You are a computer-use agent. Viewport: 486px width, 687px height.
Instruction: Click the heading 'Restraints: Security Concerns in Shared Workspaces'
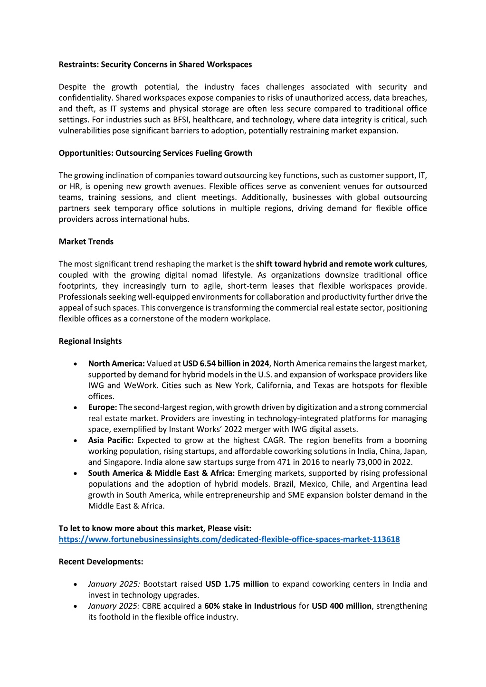point(155,65)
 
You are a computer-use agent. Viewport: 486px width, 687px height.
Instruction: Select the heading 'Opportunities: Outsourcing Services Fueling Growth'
point(155,153)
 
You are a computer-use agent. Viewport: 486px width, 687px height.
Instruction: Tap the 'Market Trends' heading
point(86,241)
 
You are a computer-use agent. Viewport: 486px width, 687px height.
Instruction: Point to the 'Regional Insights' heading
point(90,341)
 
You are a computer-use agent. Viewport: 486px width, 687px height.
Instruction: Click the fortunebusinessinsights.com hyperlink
point(229,539)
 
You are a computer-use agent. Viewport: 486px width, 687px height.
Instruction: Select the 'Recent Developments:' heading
point(101,562)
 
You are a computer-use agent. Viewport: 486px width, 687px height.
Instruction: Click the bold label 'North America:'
point(116,364)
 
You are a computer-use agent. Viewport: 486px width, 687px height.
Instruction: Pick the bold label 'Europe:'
point(103,407)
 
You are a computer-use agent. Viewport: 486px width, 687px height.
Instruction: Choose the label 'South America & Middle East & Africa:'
point(162,473)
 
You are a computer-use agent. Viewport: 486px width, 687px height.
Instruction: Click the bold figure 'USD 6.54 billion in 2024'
point(226,364)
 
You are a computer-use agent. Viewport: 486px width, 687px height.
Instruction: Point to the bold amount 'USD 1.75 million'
point(237,584)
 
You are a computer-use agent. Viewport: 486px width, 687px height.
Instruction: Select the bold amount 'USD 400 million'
point(341,606)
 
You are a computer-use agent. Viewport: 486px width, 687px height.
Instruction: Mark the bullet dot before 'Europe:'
point(76,408)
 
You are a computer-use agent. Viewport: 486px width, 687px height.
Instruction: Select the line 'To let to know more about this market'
point(155,528)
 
